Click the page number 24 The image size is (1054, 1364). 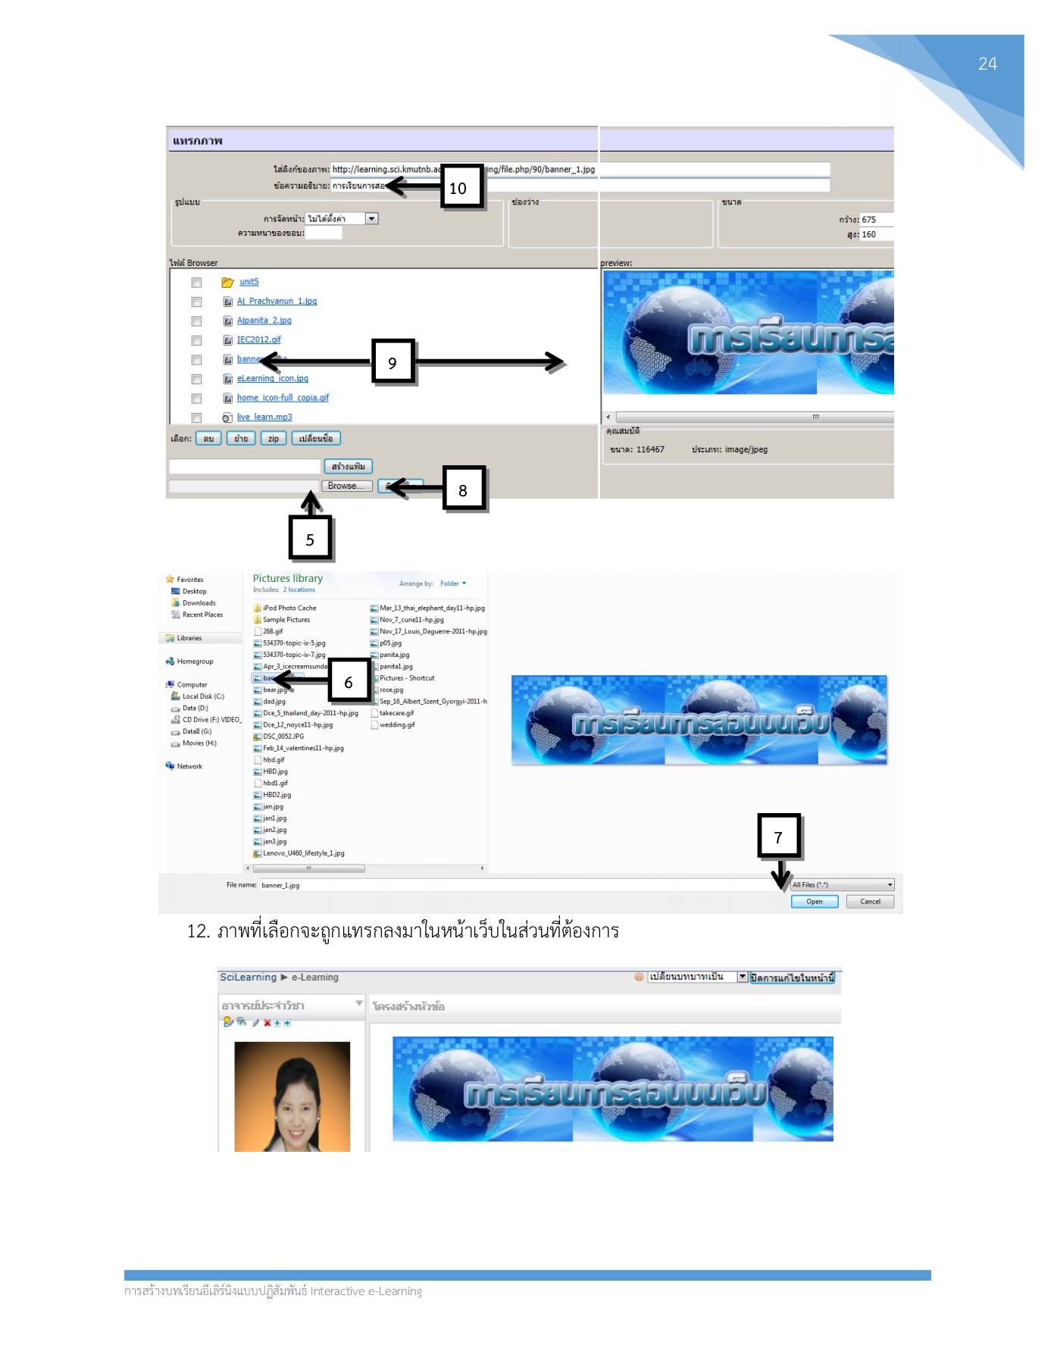pos(987,64)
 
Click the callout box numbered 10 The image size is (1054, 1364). pos(461,186)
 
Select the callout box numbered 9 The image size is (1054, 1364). pos(393,361)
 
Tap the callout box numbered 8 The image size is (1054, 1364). pos(463,489)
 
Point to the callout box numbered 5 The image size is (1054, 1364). pos(310,539)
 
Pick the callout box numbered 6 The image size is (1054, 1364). pos(349,680)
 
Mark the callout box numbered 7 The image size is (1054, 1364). pos(778,836)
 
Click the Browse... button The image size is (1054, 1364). pos(346,486)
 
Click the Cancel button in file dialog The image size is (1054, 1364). pos(870,902)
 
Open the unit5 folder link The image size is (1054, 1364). pos(249,282)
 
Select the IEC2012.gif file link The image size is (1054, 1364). pos(258,339)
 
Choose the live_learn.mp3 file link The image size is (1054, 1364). pos(264,417)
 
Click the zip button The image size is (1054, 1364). pos(274,438)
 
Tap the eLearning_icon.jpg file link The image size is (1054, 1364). pos(272,378)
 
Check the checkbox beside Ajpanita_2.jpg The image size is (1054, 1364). pos(196,321)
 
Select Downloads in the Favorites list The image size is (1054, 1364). pos(199,603)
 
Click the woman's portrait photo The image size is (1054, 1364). pos(292,1096)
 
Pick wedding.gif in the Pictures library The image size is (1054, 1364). pos(397,724)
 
